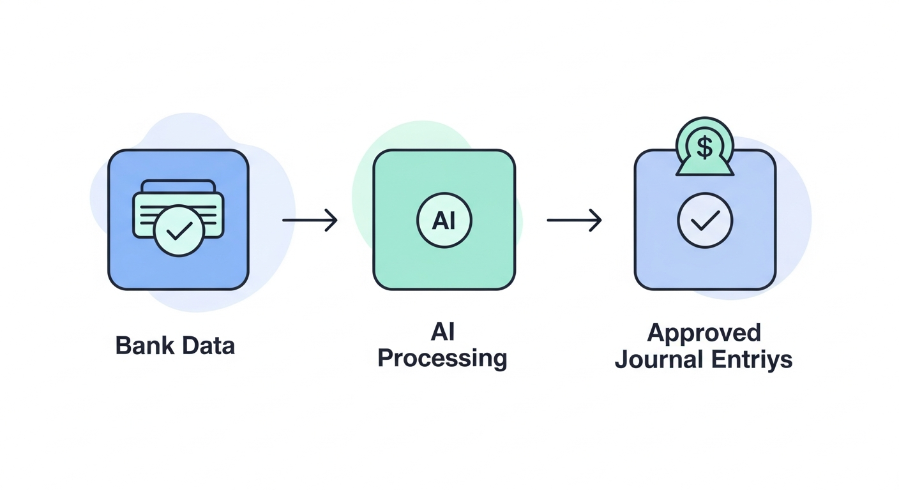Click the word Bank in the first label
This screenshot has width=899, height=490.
[x=144, y=345]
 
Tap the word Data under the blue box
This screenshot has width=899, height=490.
[x=208, y=345]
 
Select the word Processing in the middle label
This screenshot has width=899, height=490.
[x=442, y=359]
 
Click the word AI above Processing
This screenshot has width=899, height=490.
[x=443, y=332]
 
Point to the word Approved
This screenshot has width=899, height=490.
[x=704, y=333]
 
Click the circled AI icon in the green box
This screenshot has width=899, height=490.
[x=444, y=220]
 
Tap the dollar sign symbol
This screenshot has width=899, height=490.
[x=705, y=146]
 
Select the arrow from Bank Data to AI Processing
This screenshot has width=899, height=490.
[x=310, y=219]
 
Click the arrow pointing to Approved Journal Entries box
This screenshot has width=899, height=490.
[x=574, y=219]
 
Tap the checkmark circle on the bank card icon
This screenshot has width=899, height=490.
[x=179, y=230]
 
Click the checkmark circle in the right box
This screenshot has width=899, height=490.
[x=705, y=220]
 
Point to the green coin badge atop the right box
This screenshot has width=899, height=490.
[x=705, y=146]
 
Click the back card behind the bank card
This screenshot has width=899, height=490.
[x=179, y=186]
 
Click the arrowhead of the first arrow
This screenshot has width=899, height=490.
[x=331, y=219]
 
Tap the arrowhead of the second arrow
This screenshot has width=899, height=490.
[x=596, y=219]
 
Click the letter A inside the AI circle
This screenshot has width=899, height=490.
[x=439, y=220]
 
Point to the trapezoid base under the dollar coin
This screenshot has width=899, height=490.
[x=705, y=168]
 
